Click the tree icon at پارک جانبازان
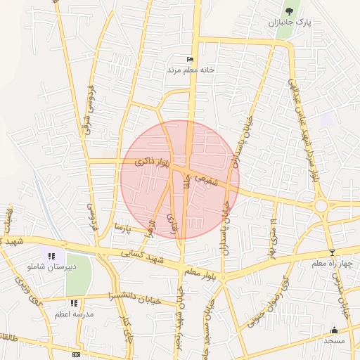click(290, 11)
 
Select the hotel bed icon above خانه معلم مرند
click(189, 60)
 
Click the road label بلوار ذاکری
click(153, 162)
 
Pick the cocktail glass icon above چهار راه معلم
click(332, 252)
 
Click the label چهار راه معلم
click(332, 263)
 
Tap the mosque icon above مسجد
click(335, 330)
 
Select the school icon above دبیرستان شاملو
click(52, 256)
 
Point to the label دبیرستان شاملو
click(48, 267)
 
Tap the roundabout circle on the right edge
click(323, 206)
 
